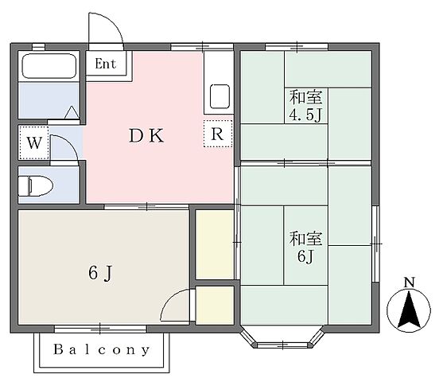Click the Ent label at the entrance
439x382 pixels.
point(106,64)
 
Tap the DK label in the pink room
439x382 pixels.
point(146,135)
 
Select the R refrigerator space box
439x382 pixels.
point(218,134)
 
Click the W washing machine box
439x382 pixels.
point(34,143)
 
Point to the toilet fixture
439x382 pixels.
point(36,185)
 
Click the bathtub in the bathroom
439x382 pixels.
point(49,66)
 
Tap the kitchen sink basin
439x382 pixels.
point(220,96)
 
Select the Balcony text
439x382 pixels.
point(102,349)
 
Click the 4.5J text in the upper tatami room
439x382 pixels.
point(305,115)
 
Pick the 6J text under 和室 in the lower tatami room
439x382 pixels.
point(305,256)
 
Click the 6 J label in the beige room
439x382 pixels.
point(101,273)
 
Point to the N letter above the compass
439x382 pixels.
point(409,283)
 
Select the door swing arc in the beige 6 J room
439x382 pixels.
point(170,299)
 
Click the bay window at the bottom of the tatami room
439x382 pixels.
point(283,340)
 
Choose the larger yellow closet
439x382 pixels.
point(215,244)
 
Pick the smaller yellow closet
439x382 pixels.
point(215,306)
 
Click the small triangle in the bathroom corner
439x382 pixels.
point(72,113)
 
